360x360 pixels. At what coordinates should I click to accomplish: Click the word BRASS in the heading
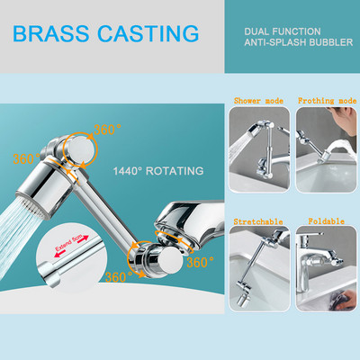pos(51,33)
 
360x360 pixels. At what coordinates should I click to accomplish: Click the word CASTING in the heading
pos(148,33)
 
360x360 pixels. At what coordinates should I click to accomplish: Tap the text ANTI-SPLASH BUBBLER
pos(299,42)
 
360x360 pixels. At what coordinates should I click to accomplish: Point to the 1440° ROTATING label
pos(158,171)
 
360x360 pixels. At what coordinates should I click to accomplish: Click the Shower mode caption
pos(258,101)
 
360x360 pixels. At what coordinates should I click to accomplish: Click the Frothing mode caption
pos(328,101)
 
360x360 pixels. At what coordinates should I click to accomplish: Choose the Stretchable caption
pos(258,222)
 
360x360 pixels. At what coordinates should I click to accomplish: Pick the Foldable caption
pos(326,221)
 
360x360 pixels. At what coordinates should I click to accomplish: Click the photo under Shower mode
pos(259,149)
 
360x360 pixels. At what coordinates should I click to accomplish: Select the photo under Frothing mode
pos(327,149)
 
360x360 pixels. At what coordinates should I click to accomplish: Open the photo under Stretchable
pos(259,269)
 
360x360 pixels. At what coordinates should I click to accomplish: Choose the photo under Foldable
pos(327,269)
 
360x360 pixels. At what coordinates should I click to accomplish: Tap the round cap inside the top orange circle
pos(80,148)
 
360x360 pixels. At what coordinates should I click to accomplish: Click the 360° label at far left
pos(26,158)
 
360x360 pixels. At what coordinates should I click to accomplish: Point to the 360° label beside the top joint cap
pos(107,130)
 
